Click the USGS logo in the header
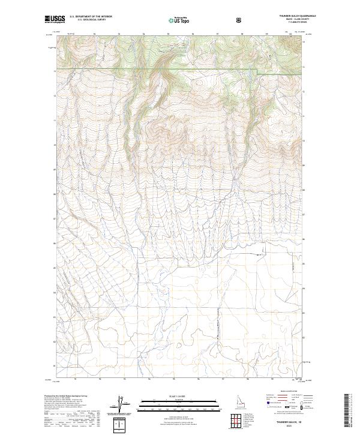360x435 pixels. click(x=55, y=19)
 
